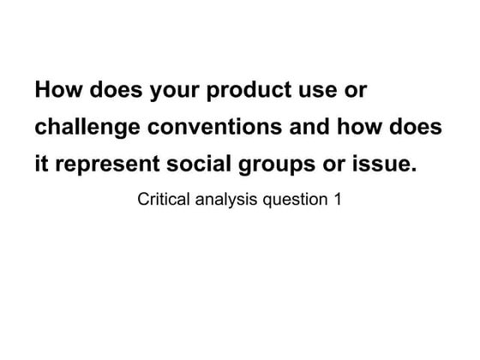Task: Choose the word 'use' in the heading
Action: coord(319,91)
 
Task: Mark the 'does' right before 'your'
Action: coord(117,91)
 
